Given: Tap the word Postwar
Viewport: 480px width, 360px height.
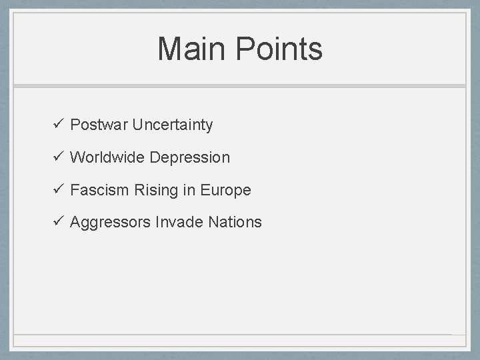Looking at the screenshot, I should pos(99,125).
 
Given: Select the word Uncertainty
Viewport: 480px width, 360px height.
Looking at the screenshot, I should pos(173,125).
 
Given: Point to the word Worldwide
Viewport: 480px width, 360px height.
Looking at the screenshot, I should pos(107,157).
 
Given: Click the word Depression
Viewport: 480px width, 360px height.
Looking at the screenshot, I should pos(190,158).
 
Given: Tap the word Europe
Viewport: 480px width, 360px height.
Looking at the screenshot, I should pos(225,191).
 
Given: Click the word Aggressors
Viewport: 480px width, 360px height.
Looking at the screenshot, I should pos(110,223).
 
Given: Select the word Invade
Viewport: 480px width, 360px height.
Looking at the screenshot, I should pos(179,222).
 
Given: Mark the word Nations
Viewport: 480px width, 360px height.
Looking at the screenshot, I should pos(235,222).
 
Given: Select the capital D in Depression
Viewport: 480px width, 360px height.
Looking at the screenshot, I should pos(155,157).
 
